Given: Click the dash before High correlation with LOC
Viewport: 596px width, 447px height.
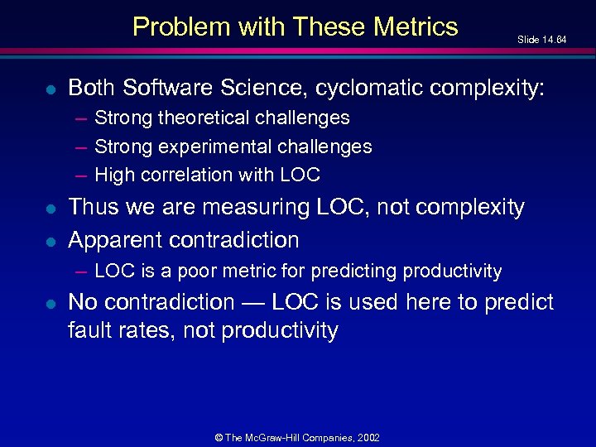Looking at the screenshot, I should pos(79,175).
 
